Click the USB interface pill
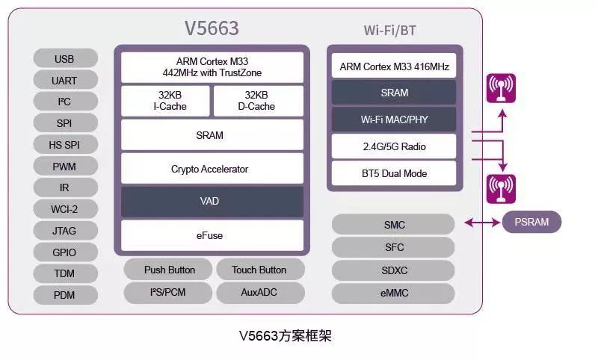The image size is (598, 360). [x=65, y=58]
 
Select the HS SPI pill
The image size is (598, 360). [x=65, y=145]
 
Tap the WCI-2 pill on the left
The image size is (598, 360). [x=65, y=209]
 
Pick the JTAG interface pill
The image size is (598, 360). [x=65, y=231]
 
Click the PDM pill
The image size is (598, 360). [x=65, y=295]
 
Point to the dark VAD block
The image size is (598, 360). [x=212, y=202]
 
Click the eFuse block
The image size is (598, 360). [x=212, y=235]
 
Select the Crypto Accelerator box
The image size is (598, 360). [x=212, y=169]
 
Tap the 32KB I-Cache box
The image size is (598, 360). [x=165, y=101]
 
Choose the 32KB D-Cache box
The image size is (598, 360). [x=259, y=101]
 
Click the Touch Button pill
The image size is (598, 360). [x=259, y=270]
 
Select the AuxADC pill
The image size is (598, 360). [x=259, y=293]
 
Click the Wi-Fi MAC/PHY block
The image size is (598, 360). [x=394, y=120]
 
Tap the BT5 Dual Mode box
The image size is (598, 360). [x=394, y=173]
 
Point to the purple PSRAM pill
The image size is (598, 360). [x=531, y=222]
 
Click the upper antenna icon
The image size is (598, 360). [x=501, y=88]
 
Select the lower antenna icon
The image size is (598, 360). [x=501, y=188]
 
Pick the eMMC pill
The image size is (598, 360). [x=394, y=294]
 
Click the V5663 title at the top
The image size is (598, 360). [x=212, y=28]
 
